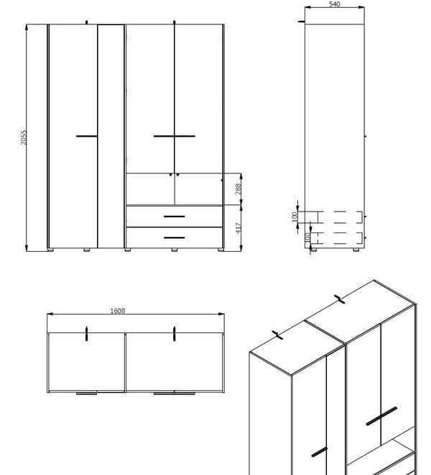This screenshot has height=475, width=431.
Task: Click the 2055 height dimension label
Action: point(23,137)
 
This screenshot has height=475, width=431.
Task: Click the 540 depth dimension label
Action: point(334,5)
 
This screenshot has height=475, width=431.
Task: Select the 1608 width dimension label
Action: point(118,311)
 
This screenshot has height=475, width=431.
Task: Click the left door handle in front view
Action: point(86,135)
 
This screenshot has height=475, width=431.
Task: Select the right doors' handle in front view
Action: point(175,135)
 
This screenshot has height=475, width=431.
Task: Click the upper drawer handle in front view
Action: point(174,216)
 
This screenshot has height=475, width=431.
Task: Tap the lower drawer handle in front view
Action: point(174,237)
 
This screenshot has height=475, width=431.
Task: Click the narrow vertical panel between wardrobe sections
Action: point(111,137)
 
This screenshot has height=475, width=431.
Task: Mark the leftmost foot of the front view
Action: point(52,250)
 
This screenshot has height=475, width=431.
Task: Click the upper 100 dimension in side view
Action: point(294,217)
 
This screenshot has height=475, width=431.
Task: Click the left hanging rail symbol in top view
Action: point(86,332)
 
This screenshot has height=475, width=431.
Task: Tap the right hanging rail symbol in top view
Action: point(175,332)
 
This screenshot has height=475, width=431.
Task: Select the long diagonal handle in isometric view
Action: point(381,416)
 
